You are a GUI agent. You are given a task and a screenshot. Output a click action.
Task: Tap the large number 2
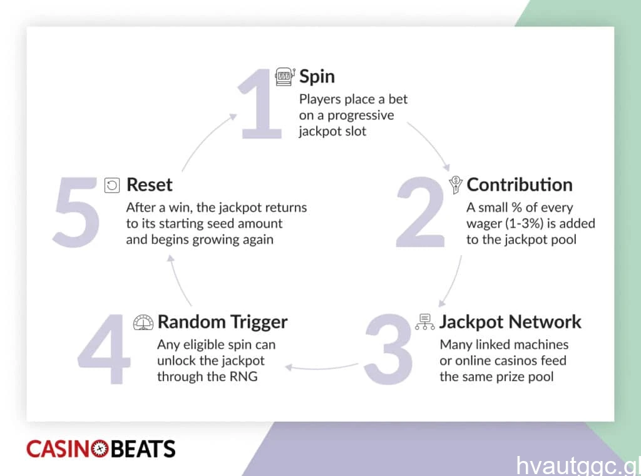[420, 212]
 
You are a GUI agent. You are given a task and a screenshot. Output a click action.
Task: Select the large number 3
[388, 350]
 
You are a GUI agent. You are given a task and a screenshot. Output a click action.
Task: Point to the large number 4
[104, 350]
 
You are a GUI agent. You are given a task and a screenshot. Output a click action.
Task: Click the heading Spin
[317, 77]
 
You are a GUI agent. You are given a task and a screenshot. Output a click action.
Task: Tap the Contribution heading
[519, 185]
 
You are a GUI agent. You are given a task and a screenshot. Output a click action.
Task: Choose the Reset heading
[149, 185]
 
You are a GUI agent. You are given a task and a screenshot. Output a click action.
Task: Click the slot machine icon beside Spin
[285, 77]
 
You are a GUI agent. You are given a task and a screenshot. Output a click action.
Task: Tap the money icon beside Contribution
[456, 185]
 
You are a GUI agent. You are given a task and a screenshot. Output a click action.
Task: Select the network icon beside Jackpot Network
[425, 322]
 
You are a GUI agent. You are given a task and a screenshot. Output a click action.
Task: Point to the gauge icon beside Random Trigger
[143, 322]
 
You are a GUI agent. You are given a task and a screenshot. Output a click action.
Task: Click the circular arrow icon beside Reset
[112, 185]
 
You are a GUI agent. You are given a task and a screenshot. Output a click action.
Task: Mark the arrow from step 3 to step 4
[321, 368]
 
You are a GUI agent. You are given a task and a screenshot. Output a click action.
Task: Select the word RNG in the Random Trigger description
[244, 377]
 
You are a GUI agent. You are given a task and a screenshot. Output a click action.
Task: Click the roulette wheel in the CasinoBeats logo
[100, 448]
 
